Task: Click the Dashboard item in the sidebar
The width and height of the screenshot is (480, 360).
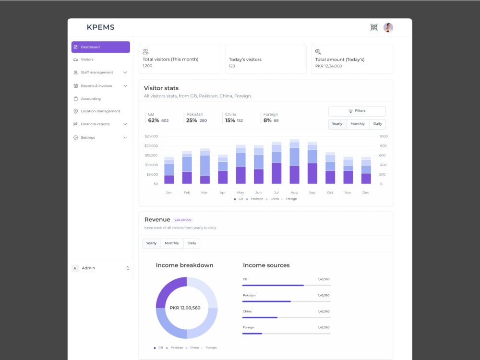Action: coord(100,47)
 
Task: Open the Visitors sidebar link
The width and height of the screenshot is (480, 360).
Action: coord(87,60)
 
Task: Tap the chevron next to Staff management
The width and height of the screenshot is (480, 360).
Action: coord(125,72)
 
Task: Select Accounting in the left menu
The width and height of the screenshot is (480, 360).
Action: coord(90,99)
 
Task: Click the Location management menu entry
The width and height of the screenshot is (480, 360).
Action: coord(100,111)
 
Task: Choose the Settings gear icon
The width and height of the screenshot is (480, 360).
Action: coord(76,138)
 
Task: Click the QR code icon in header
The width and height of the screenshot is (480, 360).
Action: coord(374,28)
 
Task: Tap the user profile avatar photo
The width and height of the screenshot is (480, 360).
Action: coord(388,28)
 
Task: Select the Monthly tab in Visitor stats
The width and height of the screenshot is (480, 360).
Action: coord(357,124)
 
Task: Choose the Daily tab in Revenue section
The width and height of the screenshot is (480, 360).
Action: coord(192,243)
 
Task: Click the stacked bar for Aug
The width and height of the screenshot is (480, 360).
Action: coord(294,162)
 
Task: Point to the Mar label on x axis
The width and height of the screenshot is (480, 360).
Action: coord(204,192)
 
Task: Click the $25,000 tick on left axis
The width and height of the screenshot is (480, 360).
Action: coord(151,136)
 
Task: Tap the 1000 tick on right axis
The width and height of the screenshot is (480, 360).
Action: coord(384,136)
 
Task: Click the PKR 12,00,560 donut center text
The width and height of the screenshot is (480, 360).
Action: coord(185,308)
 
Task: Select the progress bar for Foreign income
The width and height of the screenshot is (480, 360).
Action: coord(287,333)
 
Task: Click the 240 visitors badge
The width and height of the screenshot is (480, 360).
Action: coord(182,220)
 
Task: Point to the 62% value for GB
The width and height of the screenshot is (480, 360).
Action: coord(154,120)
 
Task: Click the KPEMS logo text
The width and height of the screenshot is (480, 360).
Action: coord(101,27)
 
